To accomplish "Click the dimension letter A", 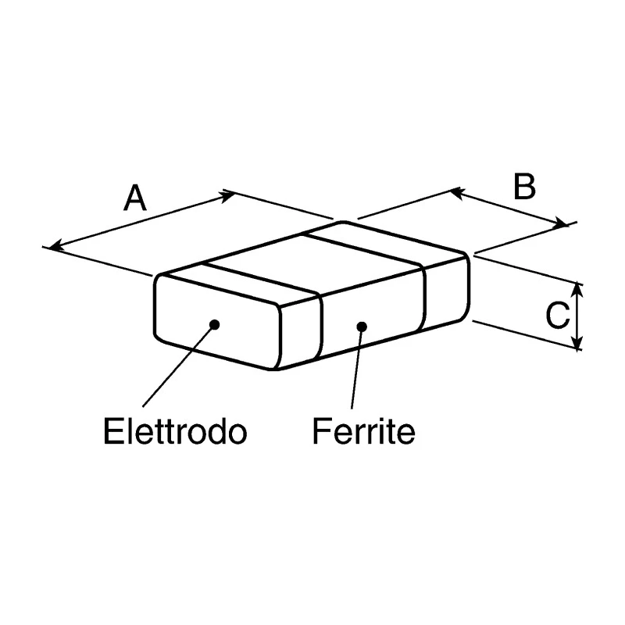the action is click(135, 198).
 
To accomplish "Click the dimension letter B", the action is click(524, 186).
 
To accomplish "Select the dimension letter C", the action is click(558, 316).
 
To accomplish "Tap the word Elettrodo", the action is click(175, 431).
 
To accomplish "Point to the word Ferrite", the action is click(363, 431).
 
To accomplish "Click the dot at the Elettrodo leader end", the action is click(214, 324).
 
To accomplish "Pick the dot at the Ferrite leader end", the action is click(362, 327).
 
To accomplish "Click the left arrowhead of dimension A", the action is click(55, 245).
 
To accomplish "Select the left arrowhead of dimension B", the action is click(456, 194).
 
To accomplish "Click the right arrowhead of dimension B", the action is click(561, 223).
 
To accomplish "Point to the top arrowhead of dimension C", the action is click(578, 289).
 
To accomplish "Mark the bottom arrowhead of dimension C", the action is click(578, 343).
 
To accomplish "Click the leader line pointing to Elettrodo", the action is click(179, 366).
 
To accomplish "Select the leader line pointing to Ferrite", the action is click(357, 368).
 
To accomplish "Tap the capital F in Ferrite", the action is click(321, 431).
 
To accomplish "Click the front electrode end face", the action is click(218, 322).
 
